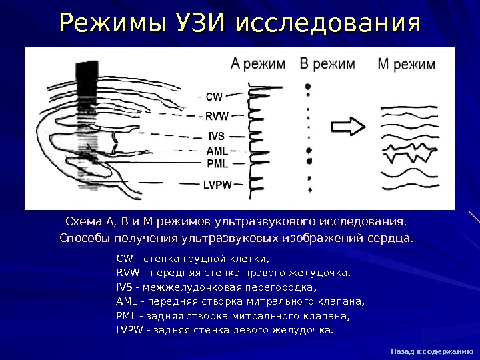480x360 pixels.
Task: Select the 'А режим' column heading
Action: coord(257,65)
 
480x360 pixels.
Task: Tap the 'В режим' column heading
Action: coord(327,64)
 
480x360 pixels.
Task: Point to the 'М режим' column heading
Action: coord(406,65)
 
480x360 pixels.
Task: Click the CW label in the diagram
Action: coord(214,97)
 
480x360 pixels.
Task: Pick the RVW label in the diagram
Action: coord(216,116)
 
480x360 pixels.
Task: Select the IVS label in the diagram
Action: coord(217,137)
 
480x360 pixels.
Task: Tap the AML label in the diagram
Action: coord(217,151)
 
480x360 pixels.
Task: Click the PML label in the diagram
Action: coord(217,163)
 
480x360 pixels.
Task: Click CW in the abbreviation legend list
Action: coord(124,258)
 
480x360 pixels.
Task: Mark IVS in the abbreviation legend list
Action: coord(124,287)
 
